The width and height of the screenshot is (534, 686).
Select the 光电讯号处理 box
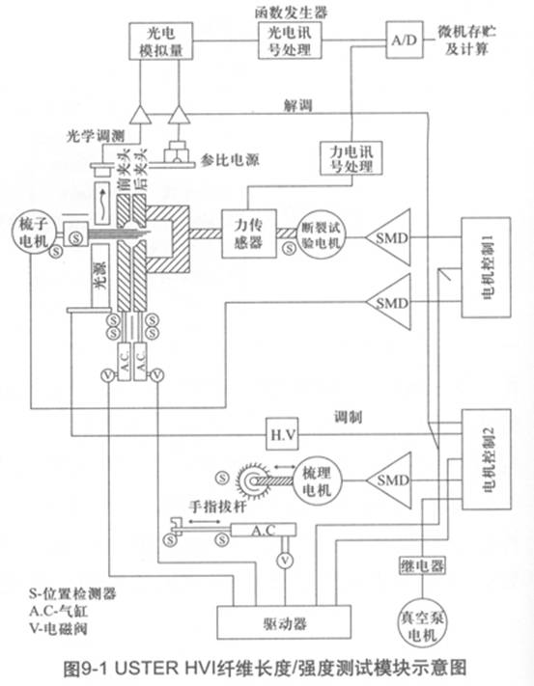[283, 40]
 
